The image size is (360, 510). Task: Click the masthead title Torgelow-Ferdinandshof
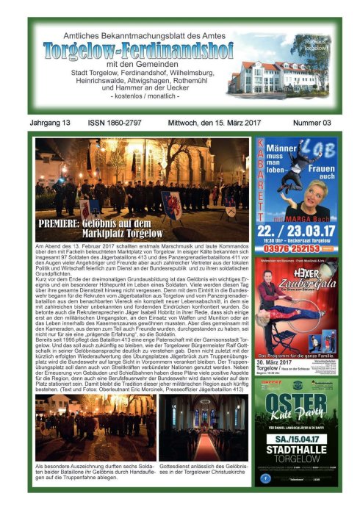(x=138, y=51)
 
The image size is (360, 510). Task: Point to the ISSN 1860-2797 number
(x=118, y=123)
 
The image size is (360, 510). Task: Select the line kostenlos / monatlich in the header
(x=138, y=98)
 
